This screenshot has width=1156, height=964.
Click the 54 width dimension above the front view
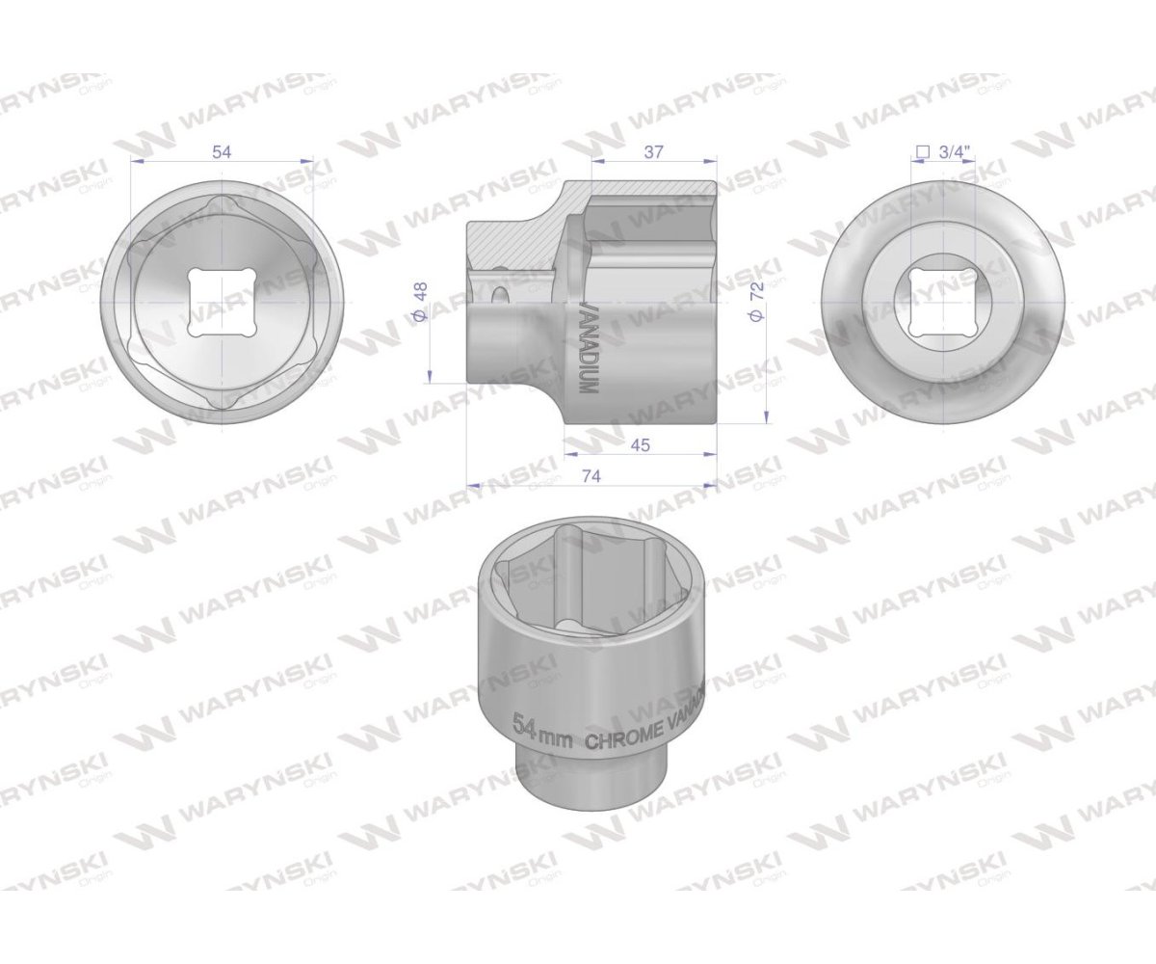click(222, 152)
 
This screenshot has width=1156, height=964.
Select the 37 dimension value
click(654, 152)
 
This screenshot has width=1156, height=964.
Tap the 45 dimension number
click(640, 444)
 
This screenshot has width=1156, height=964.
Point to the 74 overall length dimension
click(591, 475)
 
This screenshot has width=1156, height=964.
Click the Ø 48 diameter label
click(419, 302)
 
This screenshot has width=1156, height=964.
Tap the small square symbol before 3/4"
click(922, 151)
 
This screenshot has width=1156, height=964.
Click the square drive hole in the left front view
click(222, 302)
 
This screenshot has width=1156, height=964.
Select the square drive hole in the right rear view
click(943, 302)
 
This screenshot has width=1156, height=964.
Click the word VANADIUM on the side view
click(583, 346)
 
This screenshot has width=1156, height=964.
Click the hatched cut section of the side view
click(511, 241)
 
